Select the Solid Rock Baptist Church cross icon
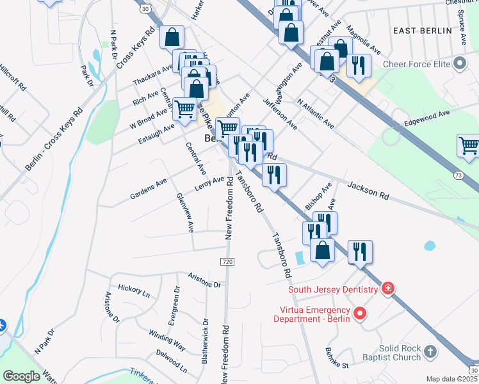tap(430, 351)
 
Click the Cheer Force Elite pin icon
tap(459, 64)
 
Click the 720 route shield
tap(227, 262)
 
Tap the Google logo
tap(21, 376)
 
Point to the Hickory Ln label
tap(133, 289)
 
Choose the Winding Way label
tap(167, 339)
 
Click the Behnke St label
tap(336, 362)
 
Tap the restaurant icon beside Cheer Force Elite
tap(359, 66)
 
